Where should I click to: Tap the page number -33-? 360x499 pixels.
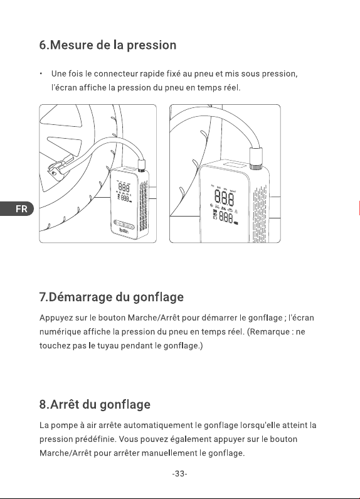pos(179,474)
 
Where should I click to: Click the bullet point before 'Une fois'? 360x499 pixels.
pos(41,74)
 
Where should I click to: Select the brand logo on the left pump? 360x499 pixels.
pos(124,230)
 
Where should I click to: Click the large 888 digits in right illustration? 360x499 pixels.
pos(224,197)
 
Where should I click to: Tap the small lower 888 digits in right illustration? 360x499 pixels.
pos(226,218)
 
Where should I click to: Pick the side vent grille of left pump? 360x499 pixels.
pos(144,205)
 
